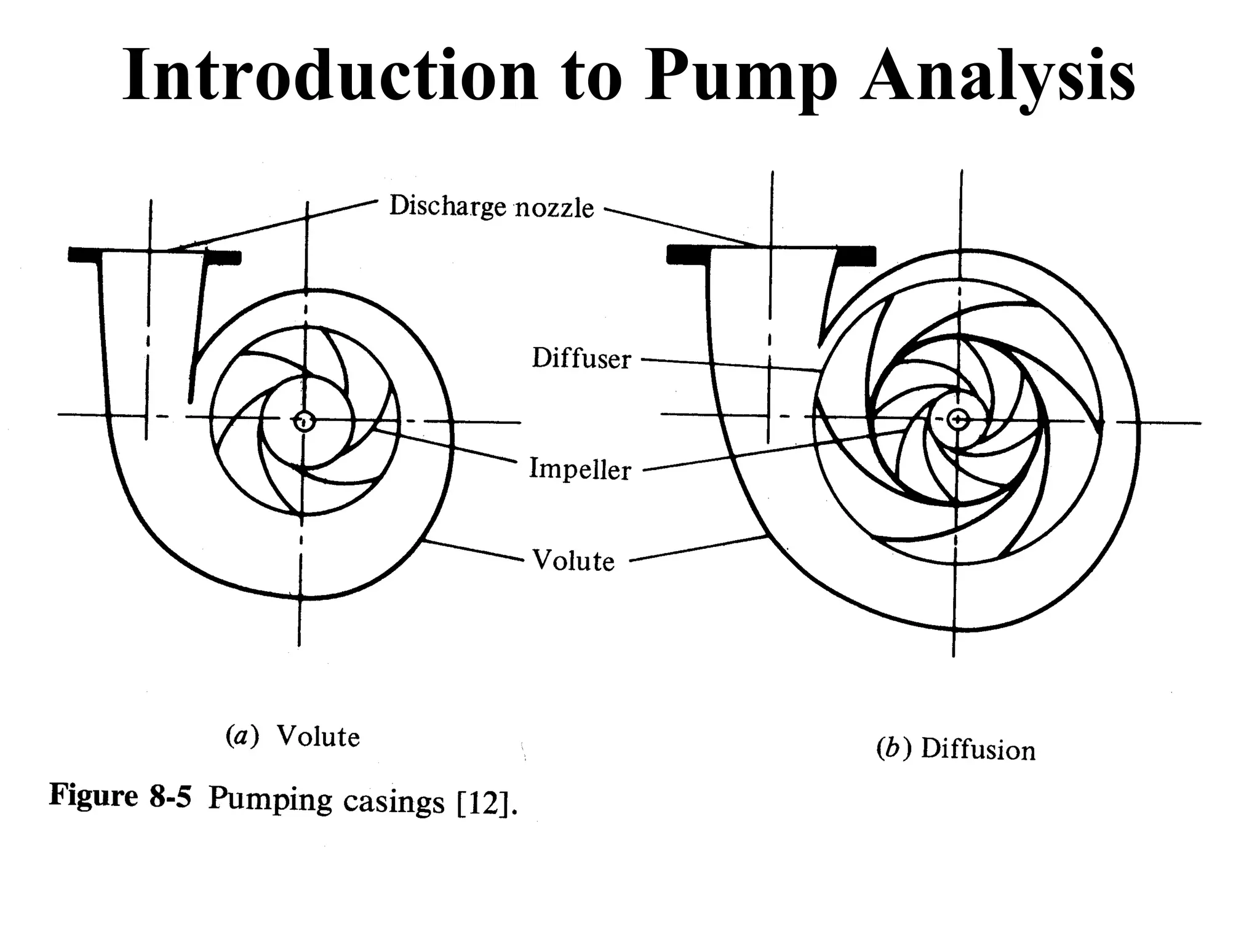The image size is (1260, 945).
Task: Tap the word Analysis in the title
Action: coord(997,77)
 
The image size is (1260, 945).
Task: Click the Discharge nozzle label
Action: coord(492,207)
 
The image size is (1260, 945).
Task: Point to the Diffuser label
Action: coord(581,359)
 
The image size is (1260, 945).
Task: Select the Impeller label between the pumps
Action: coord(580,469)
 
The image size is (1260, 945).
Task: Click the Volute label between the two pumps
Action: coord(573,560)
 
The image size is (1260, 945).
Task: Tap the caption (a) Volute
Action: coord(293,736)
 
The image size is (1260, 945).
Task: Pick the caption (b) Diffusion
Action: coord(955,749)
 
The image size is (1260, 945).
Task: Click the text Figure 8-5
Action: coord(121,796)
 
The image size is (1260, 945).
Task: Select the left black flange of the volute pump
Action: coord(84,254)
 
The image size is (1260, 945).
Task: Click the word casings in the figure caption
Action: coord(393,802)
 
